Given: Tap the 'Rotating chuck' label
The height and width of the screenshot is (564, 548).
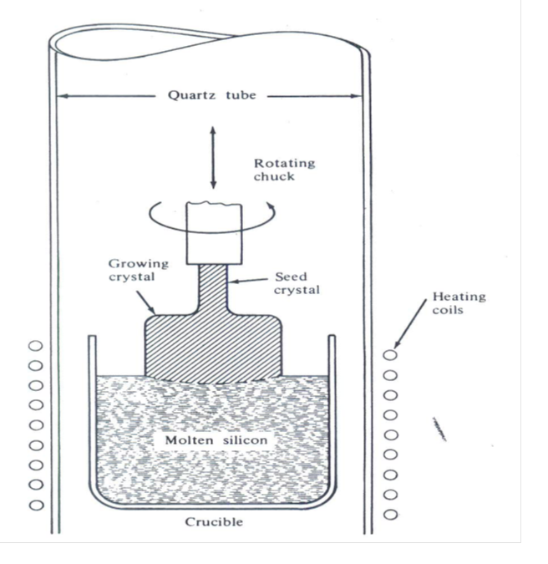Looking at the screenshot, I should pos(285,170).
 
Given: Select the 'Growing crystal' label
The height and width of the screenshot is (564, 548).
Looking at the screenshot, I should pos(138,270).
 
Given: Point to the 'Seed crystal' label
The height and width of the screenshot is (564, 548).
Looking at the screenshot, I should pos(297,283).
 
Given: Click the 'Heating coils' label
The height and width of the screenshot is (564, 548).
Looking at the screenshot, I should pos(459,303).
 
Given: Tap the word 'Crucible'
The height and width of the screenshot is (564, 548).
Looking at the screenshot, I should pos(214,522).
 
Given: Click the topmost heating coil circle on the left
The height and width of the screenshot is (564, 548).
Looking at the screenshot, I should pos(36,345).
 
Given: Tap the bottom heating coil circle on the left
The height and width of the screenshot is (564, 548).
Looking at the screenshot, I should pos(36,505).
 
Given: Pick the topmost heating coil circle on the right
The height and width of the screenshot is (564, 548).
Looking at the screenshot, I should pos(390,354).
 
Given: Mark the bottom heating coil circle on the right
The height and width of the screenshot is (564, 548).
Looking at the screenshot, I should pos(390,514).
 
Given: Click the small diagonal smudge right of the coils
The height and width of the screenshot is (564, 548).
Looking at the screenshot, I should pos(439,429).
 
